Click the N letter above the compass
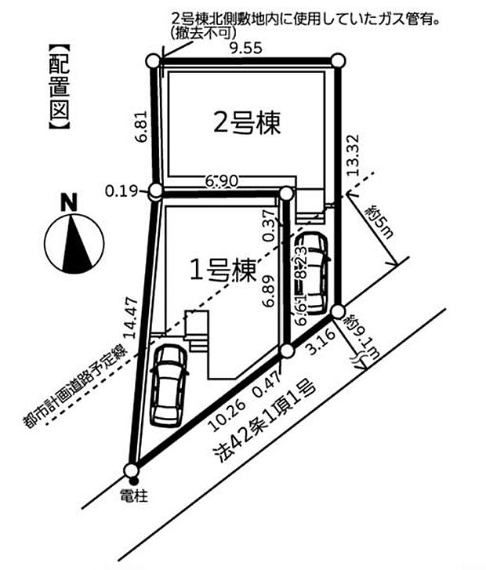click(x=70, y=202)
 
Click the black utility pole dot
click(x=133, y=480)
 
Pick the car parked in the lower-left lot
click(x=169, y=384)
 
